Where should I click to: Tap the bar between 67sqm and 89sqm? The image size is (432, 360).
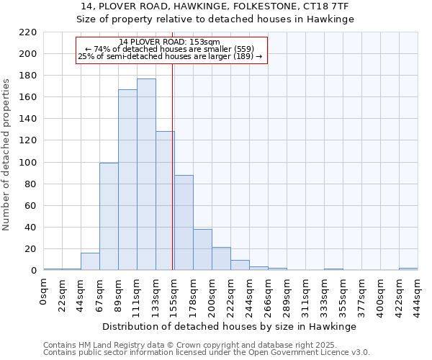tap(109, 216)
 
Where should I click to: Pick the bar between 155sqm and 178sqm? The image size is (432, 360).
tap(184, 222)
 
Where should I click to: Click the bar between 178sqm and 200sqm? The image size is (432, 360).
tap(202, 249)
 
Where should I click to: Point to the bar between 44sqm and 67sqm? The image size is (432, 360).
tap(90, 261)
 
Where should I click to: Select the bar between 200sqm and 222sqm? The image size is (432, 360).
tap(221, 258)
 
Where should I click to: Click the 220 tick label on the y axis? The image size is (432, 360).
tap(28, 32)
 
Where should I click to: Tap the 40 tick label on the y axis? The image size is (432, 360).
tap(31, 228)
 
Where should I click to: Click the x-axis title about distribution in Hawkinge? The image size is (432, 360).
tap(229, 326)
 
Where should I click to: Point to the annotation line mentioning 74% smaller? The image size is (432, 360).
tap(171, 49)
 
